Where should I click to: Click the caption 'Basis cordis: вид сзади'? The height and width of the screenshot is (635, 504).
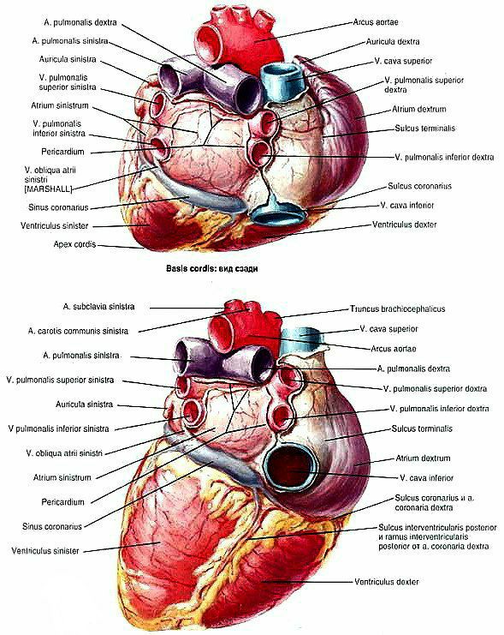pyautogui.click(x=211, y=268)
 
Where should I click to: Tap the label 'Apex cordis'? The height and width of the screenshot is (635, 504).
pyautogui.click(x=74, y=244)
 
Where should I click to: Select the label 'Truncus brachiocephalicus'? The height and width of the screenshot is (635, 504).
pyautogui.click(x=397, y=309)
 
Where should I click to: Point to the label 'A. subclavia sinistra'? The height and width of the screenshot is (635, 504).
pyautogui.click(x=98, y=307)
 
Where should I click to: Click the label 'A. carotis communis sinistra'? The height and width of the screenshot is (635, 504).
pyautogui.click(x=78, y=331)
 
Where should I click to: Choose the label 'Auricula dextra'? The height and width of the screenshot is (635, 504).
pyautogui.click(x=393, y=41)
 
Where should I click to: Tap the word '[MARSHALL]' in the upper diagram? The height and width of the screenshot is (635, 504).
pyautogui.click(x=48, y=189)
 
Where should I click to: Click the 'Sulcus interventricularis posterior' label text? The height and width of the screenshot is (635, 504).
pyautogui.click(x=437, y=527)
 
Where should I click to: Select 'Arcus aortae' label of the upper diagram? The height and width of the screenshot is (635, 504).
pyautogui.click(x=376, y=22)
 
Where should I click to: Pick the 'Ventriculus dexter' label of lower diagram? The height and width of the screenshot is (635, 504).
pyautogui.click(x=386, y=582)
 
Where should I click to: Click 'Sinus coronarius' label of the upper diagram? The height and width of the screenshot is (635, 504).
pyautogui.click(x=58, y=207)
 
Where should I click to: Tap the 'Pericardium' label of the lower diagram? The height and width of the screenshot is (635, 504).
pyautogui.click(x=62, y=502)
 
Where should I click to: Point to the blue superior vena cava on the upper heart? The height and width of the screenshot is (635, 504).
pyautogui.click(x=282, y=82)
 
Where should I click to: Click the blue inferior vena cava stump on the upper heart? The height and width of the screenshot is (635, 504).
pyautogui.click(x=277, y=214)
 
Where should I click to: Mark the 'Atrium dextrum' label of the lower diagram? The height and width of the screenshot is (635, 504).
pyautogui.click(x=423, y=458)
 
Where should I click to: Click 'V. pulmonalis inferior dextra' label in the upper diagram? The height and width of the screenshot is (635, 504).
pyautogui.click(x=444, y=157)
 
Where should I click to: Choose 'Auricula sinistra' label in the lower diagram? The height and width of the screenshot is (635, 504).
pyautogui.click(x=84, y=404)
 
